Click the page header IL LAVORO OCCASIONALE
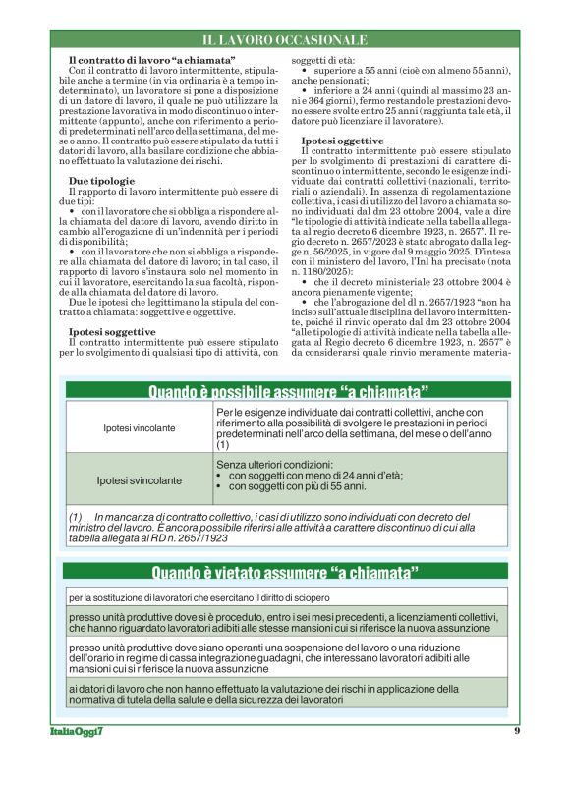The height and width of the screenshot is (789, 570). point(284,40)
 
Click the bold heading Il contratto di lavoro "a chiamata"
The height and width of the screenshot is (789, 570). point(151,62)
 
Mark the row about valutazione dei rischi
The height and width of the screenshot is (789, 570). point(285,694)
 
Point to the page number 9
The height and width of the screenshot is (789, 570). point(516,730)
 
